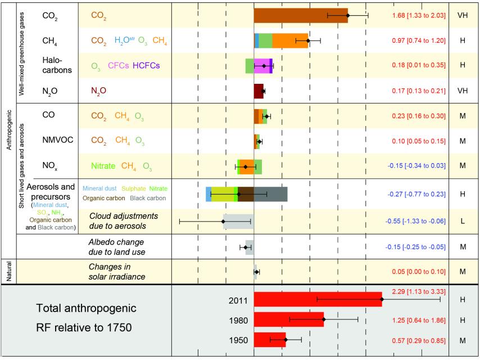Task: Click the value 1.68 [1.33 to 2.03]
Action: (418, 15)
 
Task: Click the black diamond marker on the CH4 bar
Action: (308, 40)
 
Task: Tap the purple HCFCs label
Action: (150, 66)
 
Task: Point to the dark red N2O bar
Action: (259, 91)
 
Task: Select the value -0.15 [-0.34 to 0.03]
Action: (416, 166)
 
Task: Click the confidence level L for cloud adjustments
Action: (463, 221)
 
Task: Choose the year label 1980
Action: (238, 319)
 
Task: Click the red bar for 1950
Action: (270, 340)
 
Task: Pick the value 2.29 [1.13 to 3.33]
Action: (418, 291)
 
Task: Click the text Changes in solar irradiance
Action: (119, 272)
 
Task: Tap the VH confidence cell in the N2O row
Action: (463, 91)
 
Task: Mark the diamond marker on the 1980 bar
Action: (324, 319)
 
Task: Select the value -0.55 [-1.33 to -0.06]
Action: (416, 221)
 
